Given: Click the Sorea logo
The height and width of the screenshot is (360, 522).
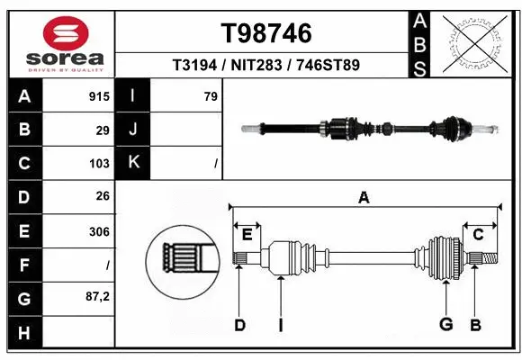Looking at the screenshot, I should (x=58, y=42).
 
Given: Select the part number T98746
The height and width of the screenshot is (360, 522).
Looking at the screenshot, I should (x=266, y=33).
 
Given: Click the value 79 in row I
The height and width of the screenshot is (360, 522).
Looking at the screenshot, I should (x=211, y=96).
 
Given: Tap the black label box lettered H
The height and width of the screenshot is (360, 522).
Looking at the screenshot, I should (x=24, y=334).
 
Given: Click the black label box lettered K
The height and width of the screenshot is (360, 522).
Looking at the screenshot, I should (x=133, y=162).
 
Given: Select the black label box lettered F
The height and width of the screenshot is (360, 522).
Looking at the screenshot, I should (x=24, y=265).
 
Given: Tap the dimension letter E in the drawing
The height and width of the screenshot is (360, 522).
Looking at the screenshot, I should (x=247, y=235).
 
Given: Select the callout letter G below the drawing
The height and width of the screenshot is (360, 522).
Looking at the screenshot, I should (x=445, y=324).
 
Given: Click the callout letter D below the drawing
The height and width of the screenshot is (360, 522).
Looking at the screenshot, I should (x=239, y=325).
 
